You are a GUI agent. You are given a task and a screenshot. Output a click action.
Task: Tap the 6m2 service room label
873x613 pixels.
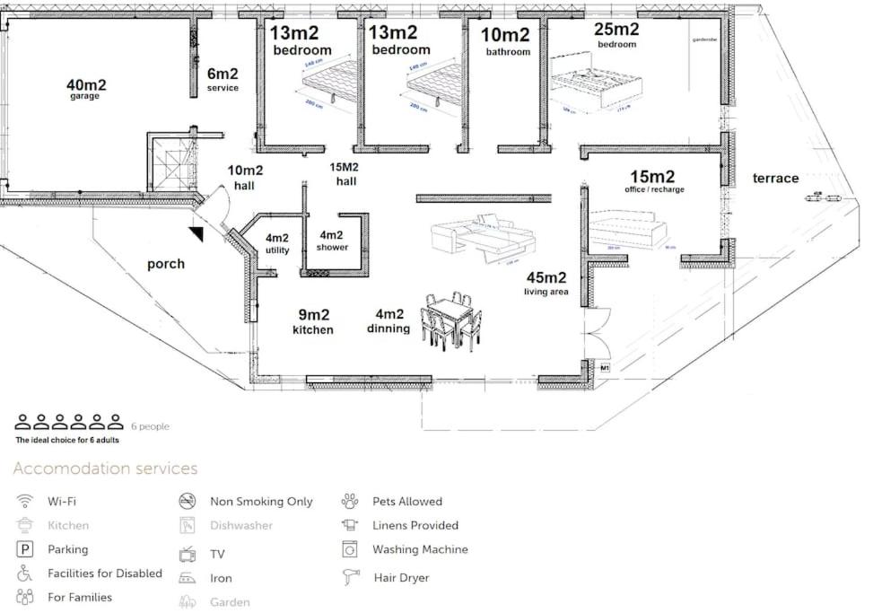tap(223, 79)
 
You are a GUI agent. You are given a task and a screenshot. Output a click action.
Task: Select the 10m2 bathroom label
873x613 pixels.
tap(508, 41)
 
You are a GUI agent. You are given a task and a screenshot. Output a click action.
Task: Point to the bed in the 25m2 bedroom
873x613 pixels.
tap(596, 87)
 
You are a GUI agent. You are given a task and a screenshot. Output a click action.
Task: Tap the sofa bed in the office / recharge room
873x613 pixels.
tap(627, 230)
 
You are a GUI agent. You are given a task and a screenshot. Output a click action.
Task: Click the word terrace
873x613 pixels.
tap(775, 179)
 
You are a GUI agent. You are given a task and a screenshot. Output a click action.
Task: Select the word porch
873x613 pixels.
tap(166, 264)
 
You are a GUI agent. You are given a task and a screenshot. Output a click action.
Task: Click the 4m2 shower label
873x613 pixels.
tap(332, 241)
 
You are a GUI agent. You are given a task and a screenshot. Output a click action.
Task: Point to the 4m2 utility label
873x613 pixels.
tap(277, 244)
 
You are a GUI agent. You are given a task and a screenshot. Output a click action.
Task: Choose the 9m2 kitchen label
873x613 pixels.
tap(313, 321)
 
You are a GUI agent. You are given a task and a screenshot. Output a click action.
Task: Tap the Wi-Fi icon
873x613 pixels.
tap(25, 501)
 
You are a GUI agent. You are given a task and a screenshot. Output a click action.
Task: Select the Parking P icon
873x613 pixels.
tap(25, 549)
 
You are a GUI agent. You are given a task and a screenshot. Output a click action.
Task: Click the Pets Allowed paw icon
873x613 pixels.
tap(350, 501)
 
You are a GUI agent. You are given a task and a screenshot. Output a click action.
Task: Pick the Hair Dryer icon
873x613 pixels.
tap(350, 578)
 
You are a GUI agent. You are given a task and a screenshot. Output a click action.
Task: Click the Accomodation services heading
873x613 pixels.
tap(105, 469)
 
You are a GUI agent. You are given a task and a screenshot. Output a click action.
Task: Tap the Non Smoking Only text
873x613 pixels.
tap(261, 502)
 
